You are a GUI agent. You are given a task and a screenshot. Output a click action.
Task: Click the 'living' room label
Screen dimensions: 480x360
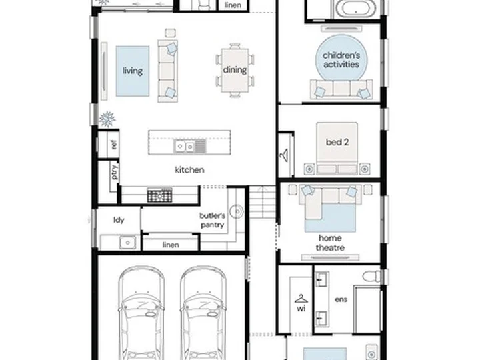pos(133,71)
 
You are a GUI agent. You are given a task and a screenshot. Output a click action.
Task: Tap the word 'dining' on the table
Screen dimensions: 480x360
pos(235,70)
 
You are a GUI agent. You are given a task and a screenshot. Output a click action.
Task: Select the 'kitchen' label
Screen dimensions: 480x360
pos(189,170)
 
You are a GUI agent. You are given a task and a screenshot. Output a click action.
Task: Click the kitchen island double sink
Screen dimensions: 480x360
pos(185,147)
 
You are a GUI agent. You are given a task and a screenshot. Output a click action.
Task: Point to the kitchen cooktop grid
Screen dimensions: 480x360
pos(159,195)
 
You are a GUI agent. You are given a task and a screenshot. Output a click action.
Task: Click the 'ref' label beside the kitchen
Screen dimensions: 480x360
pos(113,144)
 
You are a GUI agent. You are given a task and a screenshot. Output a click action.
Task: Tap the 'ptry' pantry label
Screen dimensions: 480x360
pos(114,172)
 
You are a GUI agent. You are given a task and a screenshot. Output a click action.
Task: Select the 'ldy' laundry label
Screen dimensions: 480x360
pos(119,220)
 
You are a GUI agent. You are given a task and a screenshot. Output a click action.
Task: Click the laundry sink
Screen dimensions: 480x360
pos(127,243)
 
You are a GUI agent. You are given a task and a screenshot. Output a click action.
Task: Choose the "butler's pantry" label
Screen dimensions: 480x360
pos(213,220)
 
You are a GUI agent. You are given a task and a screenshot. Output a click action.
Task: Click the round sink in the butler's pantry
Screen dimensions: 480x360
pos(237,211)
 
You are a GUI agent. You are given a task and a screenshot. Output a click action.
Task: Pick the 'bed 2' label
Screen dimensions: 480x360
pos(337,142)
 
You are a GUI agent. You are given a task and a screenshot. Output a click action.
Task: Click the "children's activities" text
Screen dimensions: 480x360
pos(341,60)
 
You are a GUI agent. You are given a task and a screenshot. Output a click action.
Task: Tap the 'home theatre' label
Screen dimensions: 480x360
pos(330,243)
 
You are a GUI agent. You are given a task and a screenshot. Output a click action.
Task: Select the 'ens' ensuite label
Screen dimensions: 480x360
pos(341,299)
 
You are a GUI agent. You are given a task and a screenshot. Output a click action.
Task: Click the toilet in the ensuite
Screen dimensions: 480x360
pos(371,276)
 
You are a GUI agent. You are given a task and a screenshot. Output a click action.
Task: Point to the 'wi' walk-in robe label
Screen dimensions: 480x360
pos(301,309)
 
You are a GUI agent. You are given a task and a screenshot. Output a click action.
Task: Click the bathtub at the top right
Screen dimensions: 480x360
pos(356,8)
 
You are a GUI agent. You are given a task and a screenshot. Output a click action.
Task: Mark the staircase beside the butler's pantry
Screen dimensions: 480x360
pos(263,202)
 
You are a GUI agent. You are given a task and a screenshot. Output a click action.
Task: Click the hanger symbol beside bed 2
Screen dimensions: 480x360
pos(284,155)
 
